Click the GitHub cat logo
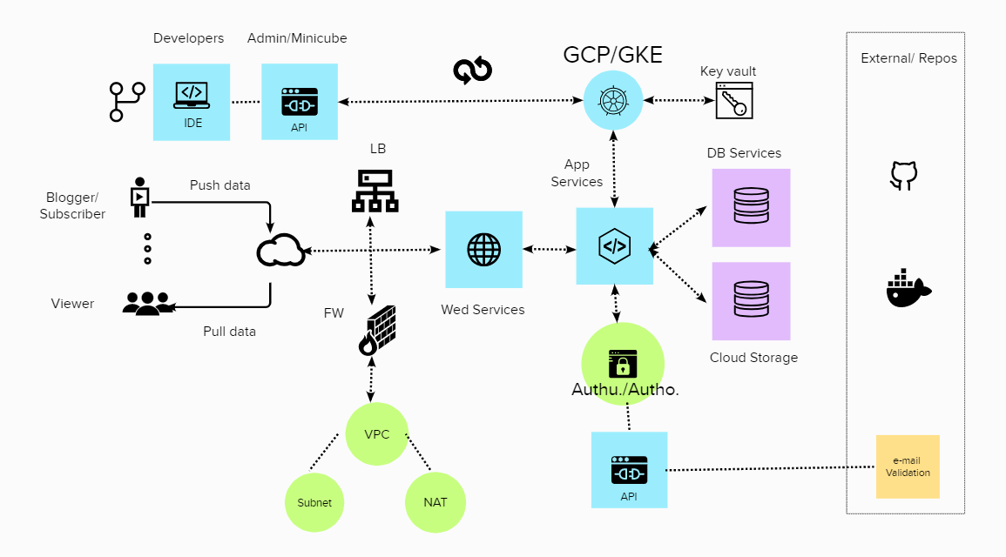[x=904, y=175]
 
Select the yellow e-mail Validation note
[x=908, y=466]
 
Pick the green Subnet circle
[x=314, y=502]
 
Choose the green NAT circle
[x=435, y=502]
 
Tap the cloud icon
[x=280, y=251]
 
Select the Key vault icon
[x=733, y=101]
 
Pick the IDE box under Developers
[x=192, y=102]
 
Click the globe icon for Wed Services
[x=483, y=250]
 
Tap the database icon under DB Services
[x=751, y=207]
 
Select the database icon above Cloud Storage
[x=751, y=300]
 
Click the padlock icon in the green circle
[x=623, y=363]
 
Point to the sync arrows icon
[x=473, y=71]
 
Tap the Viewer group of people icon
[x=147, y=303]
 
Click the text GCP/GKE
[x=612, y=55]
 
